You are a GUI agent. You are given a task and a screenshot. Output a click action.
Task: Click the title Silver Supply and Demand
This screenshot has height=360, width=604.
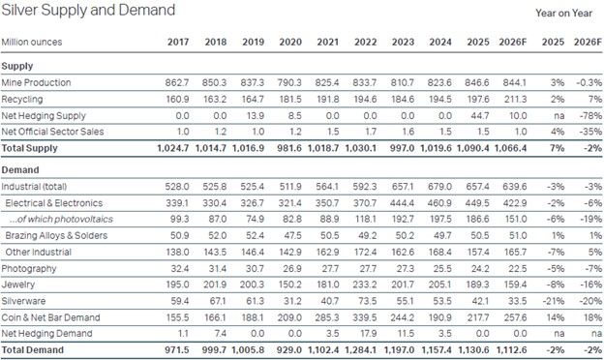pos(88,10)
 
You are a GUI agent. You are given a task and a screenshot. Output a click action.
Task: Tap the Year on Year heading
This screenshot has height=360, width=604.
pos(563,14)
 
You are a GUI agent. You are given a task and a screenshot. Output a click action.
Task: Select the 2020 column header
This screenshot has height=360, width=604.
pos(290,42)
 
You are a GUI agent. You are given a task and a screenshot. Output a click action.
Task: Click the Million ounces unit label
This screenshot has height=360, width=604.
pos(32,42)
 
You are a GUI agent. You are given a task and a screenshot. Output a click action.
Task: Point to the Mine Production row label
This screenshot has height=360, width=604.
pos(36,82)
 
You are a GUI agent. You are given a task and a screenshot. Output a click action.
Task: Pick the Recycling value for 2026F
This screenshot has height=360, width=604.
pos(515,99)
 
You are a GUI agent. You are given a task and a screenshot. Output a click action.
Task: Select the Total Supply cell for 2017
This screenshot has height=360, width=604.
pos(173,148)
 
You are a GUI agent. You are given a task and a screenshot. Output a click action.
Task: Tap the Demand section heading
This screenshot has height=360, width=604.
pos(20,169)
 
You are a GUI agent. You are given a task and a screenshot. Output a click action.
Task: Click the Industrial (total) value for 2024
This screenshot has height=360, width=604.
pos(439,187)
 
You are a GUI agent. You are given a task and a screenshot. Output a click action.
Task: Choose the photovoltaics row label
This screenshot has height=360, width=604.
pos(61,219)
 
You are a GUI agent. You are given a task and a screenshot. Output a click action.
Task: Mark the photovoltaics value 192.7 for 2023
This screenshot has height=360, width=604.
pos(403,219)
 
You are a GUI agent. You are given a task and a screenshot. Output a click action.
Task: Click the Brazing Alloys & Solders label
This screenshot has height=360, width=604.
pos(56,235)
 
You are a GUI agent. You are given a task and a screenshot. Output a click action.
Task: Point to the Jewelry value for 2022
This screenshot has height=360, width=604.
pos(365,285)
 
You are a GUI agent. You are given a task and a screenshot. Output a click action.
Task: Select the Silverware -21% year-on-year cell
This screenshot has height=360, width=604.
pos(554,301)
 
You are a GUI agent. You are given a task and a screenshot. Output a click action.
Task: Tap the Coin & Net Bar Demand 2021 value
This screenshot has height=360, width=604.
pos(327,317)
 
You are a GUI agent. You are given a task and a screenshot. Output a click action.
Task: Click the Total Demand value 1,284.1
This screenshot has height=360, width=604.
pos(360,350)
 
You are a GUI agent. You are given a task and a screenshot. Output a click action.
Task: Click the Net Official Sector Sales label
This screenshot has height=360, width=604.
pos(52,132)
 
